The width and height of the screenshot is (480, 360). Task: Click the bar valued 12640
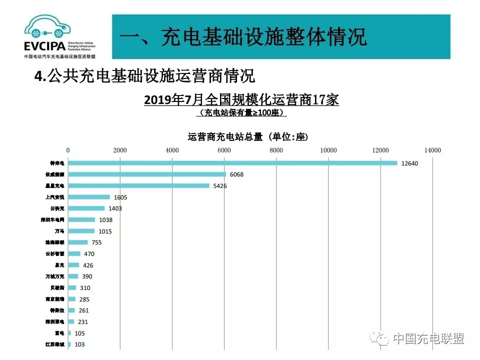pos(232,163)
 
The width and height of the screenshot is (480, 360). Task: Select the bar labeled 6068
pos(147,174)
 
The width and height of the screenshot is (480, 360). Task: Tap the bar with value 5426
pos(138,186)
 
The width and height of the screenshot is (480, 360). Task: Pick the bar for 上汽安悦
pos(89,197)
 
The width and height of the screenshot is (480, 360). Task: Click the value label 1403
pos(115,208)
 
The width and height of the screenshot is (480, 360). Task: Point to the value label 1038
pos(105,220)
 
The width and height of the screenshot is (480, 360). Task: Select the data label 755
pos(97,242)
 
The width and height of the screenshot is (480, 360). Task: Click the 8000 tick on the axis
pos(276,150)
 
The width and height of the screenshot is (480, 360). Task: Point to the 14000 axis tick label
pos(432,150)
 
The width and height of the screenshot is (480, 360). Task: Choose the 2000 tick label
pos(120,150)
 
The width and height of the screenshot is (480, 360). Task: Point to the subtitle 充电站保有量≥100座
pos(241,113)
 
